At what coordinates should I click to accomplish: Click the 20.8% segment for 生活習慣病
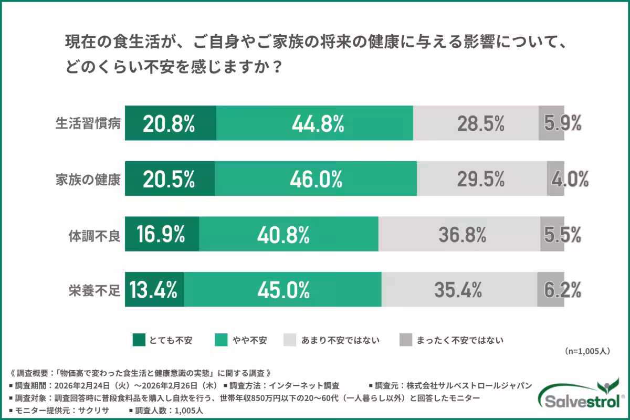click(170, 123)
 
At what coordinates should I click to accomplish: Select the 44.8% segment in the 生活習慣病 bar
click(314, 123)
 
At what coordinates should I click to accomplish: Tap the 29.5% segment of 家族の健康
click(481, 178)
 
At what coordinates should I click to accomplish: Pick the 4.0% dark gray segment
click(555, 178)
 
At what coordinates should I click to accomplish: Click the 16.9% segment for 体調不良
click(162, 234)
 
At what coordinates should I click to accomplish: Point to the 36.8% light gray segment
click(459, 234)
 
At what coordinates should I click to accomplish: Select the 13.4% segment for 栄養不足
click(154, 289)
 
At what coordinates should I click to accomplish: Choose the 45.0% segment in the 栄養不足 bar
click(282, 289)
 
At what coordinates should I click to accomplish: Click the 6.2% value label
click(562, 289)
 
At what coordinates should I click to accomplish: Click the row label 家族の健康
click(88, 179)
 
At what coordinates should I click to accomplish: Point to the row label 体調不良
click(94, 234)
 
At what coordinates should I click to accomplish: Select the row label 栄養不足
click(94, 289)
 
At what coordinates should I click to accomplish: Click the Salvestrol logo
click(583, 396)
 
